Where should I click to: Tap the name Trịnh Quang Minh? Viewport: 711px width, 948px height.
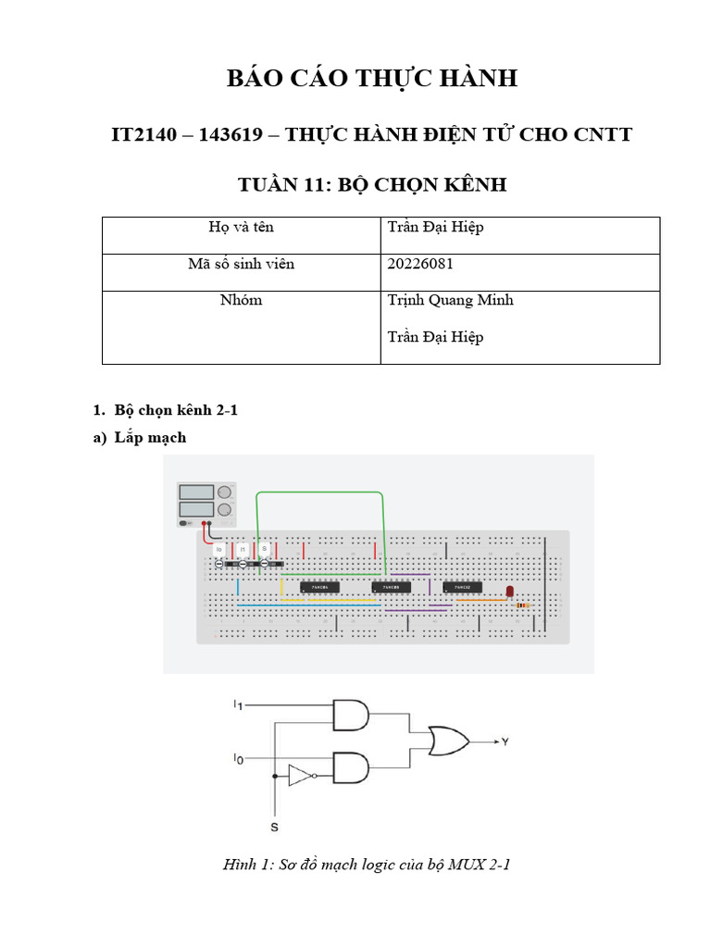point(450,300)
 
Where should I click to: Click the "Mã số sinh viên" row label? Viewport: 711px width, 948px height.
point(241,265)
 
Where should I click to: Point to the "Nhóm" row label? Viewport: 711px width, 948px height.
point(241,300)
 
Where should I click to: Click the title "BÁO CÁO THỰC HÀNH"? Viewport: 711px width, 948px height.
point(372,79)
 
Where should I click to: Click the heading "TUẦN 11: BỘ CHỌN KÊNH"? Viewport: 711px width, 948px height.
point(372,185)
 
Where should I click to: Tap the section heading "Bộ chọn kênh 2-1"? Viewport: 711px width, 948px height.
point(176,410)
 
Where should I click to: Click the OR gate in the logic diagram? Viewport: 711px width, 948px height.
point(447,741)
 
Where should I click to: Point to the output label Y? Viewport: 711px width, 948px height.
point(505,742)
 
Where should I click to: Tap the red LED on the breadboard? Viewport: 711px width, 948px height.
point(509,591)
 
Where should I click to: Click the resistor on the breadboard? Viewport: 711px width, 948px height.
point(522,605)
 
